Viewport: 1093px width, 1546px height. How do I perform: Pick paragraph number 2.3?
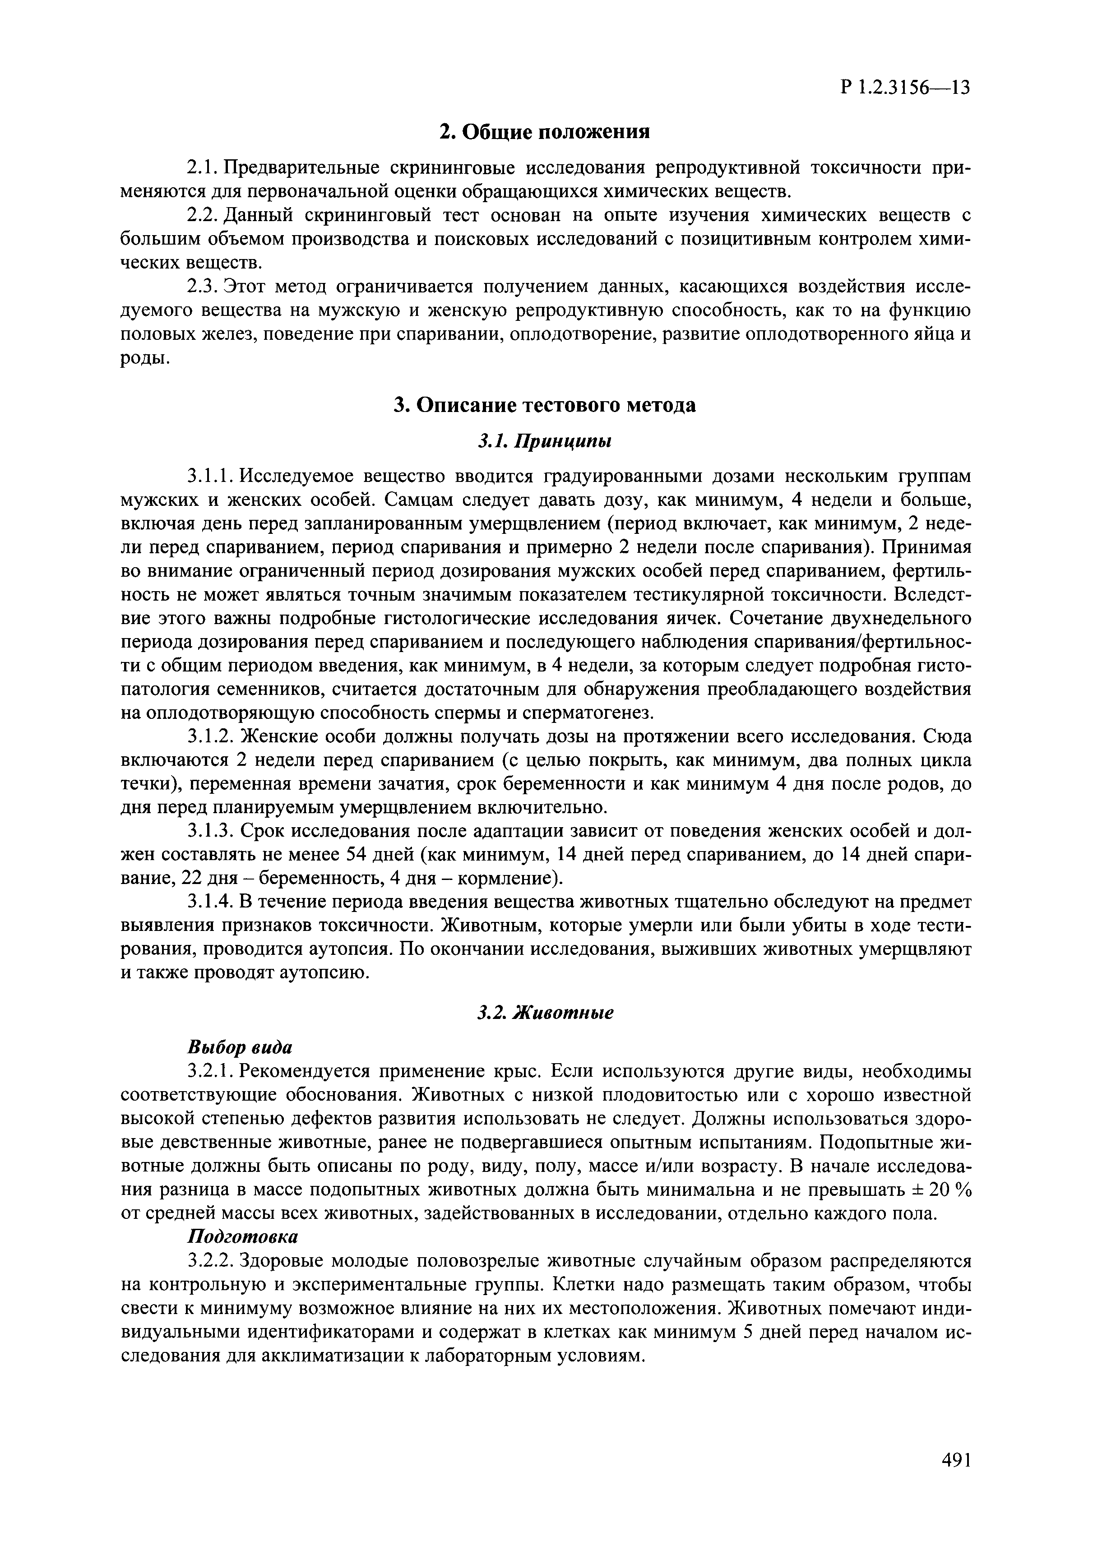201,287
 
